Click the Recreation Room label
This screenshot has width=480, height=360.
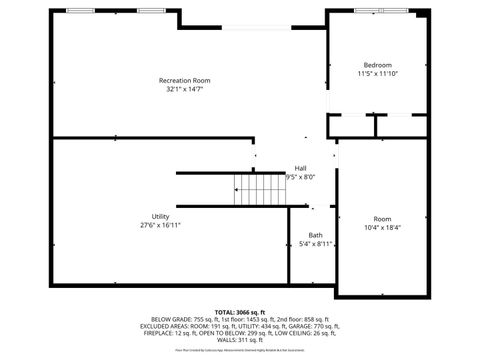[x=185, y=80]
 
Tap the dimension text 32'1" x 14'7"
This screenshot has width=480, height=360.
[x=185, y=89]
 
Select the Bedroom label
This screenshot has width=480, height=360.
[x=378, y=65]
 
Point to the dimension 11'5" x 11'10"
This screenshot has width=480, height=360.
[x=378, y=74]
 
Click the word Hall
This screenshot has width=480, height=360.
[x=300, y=168]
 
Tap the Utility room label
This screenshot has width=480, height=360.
[x=160, y=217]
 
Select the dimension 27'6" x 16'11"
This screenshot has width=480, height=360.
[x=160, y=226]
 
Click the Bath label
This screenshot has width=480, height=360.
[x=315, y=235]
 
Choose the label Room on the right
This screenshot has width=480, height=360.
[x=382, y=219]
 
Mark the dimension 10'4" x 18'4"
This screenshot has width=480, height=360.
[x=382, y=228]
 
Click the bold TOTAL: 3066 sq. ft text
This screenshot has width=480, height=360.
[x=240, y=312]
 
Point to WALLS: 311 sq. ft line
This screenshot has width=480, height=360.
[x=240, y=340]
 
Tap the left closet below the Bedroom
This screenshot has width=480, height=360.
[x=351, y=126]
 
